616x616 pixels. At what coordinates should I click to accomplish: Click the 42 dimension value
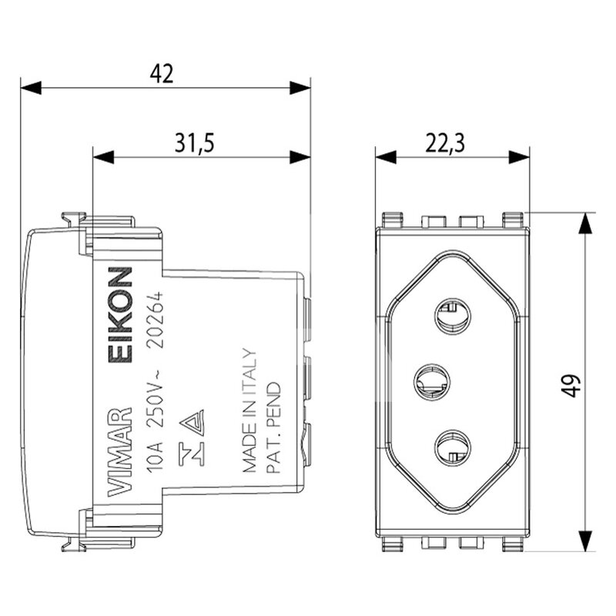tap(162, 73)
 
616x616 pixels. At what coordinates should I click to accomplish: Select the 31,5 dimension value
tap(195, 142)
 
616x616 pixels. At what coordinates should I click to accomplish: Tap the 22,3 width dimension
tap(445, 143)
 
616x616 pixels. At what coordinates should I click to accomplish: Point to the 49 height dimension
tap(573, 386)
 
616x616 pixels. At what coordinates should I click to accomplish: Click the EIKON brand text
tap(120, 314)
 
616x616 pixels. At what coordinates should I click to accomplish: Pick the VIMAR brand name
tap(119, 451)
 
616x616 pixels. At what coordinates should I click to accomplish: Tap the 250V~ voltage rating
tap(155, 398)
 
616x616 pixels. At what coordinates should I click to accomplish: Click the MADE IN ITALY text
tap(249, 410)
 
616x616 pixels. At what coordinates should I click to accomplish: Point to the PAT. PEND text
tap(273, 427)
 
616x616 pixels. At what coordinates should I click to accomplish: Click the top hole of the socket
tap(453, 316)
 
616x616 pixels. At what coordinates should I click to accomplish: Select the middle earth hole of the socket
tap(432, 381)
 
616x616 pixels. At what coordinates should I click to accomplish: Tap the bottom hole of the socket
tap(453, 447)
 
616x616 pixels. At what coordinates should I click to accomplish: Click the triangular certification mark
tap(192, 423)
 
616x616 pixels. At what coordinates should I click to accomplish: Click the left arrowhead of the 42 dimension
tap(31, 88)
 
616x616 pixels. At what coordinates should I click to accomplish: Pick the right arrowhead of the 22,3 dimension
tap(519, 157)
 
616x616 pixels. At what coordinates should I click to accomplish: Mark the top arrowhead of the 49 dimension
tap(585, 223)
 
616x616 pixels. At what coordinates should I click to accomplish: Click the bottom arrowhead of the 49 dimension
tap(585, 541)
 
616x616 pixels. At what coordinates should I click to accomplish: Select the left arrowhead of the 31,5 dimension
tap(103, 157)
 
